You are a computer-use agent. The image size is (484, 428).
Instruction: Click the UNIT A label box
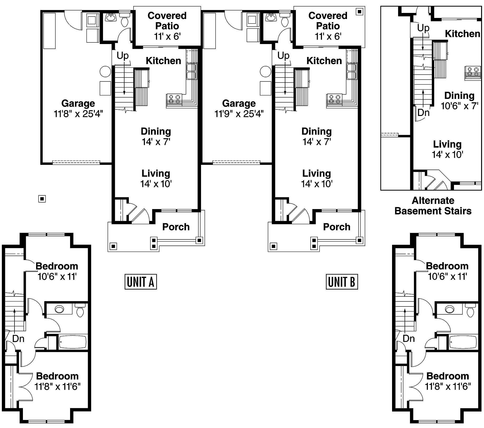(x=140, y=282)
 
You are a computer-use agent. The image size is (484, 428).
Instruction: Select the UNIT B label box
(x=342, y=282)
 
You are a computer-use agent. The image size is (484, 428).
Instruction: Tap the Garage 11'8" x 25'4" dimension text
(x=78, y=114)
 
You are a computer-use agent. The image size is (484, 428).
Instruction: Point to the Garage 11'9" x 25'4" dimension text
(x=239, y=114)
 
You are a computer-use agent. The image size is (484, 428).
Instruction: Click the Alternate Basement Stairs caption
(x=433, y=206)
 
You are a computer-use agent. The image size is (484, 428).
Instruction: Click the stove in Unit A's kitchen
(x=174, y=99)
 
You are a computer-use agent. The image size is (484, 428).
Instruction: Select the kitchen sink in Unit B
(x=352, y=71)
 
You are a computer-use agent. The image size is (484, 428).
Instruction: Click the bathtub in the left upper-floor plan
(x=72, y=342)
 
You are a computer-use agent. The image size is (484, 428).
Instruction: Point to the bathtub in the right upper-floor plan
(x=463, y=342)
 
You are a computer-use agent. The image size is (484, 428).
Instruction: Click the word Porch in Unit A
(x=176, y=227)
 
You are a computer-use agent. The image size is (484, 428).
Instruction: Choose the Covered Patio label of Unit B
(x=328, y=21)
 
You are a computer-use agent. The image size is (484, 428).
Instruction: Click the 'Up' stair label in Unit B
(x=283, y=55)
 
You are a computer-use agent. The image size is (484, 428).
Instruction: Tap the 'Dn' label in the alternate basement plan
(x=423, y=113)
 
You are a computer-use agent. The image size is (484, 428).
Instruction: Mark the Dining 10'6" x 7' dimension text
(x=459, y=106)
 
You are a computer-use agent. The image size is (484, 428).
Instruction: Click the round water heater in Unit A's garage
(x=105, y=71)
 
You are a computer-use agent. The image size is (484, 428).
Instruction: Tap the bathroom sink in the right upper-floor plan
(x=449, y=309)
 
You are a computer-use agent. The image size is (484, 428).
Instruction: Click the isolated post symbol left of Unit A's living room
(x=42, y=199)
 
